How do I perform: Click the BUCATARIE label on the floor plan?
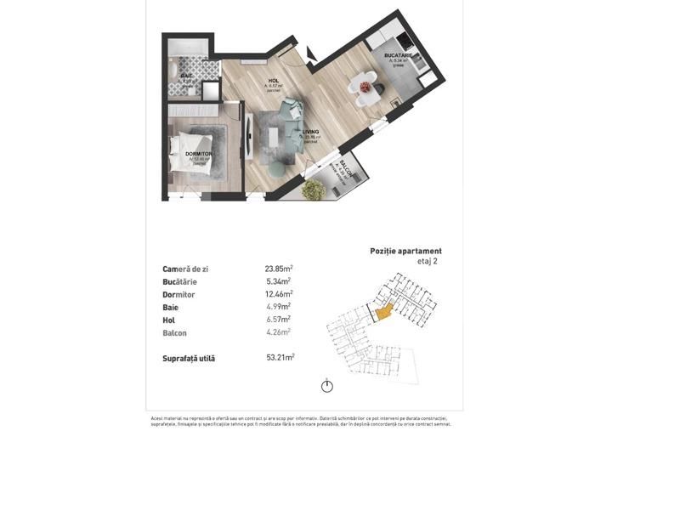(x=398, y=55)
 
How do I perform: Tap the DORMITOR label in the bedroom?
(x=198, y=154)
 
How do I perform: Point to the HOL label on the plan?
(x=274, y=81)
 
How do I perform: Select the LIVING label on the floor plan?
(x=310, y=132)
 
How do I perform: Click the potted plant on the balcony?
(x=314, y=189)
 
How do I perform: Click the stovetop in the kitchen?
(x=405, y=43)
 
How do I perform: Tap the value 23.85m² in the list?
(x=279, y=269)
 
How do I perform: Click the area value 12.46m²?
(x=279, y=294)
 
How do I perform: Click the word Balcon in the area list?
(x=174, y=333)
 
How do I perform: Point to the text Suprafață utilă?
(x=189, y=359)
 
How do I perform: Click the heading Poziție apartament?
(x=405, y=251)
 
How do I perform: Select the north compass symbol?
(x=327, y=386)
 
